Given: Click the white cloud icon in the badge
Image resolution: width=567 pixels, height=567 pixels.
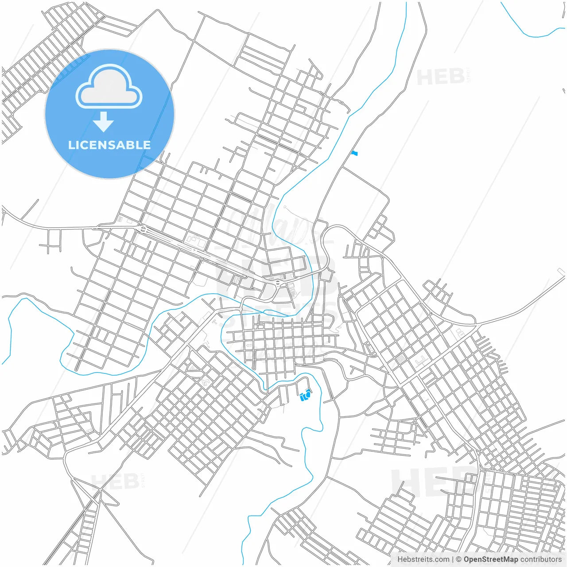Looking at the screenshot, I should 109,87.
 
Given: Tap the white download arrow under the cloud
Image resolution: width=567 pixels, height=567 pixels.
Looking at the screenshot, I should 104,122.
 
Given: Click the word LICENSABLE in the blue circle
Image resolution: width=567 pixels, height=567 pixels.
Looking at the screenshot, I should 109,145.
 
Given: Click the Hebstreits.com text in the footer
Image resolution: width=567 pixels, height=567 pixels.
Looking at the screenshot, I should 423,559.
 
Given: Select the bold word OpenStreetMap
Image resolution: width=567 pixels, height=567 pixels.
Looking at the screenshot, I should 491,559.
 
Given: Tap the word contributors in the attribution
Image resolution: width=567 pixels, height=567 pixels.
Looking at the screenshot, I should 541,559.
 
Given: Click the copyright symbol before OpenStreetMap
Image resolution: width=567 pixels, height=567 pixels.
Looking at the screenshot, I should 459,559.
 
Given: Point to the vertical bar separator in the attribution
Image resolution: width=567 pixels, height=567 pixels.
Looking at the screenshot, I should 453,559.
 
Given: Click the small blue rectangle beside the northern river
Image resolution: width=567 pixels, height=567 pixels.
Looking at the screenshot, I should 354,153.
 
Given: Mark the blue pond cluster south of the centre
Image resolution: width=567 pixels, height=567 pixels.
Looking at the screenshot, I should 305,395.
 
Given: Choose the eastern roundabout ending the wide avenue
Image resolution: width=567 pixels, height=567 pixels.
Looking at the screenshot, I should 278,282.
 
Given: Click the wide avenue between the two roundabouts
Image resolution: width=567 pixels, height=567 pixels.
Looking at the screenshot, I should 208,256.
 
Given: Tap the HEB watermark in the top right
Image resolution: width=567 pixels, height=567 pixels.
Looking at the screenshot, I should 441,77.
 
